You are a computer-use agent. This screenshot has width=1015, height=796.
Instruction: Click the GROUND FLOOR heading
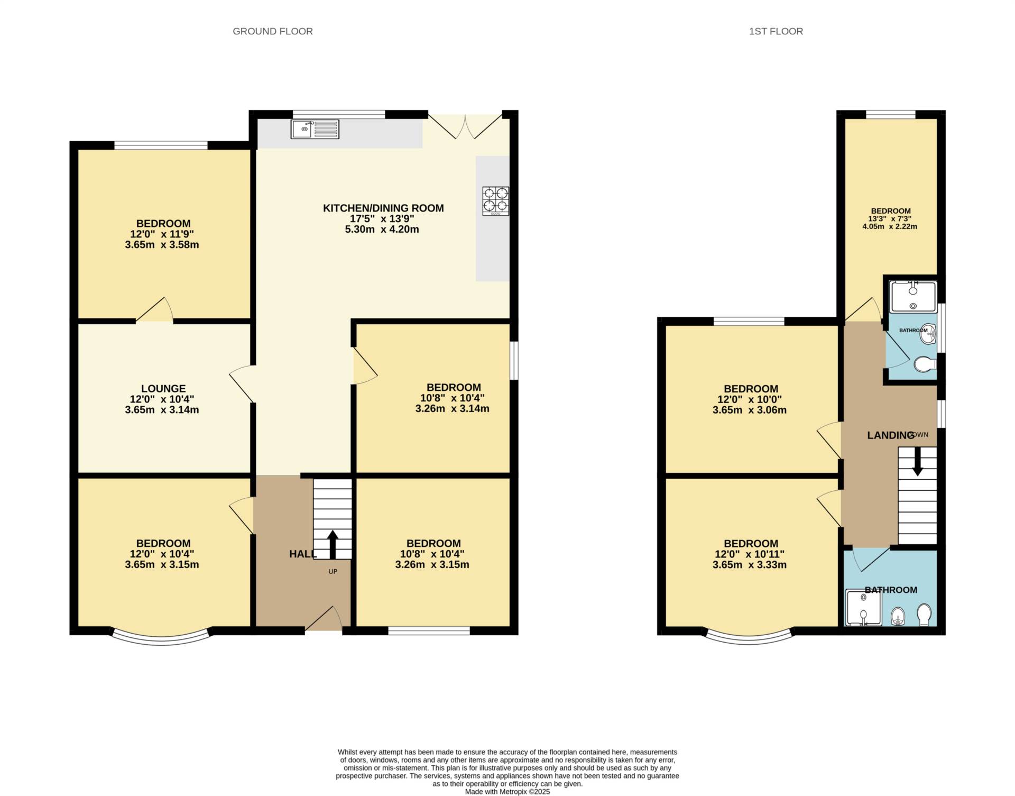pos(273,31)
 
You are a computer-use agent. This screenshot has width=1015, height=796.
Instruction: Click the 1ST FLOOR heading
pos(776,31)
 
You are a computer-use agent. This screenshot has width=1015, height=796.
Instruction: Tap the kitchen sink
pos(315,129)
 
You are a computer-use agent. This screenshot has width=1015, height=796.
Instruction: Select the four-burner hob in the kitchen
pos(496,201)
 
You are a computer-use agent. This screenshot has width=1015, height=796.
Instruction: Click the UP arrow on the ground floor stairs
pos(333,545)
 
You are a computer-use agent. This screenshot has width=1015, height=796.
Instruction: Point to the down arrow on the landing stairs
pos(918,461)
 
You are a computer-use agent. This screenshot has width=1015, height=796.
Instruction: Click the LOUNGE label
pos(163,389)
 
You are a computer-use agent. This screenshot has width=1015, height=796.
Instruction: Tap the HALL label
pos(303,554)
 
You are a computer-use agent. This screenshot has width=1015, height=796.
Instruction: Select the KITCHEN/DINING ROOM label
pos(383,208)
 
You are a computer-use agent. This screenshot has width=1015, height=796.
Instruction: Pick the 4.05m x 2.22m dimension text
pos(890,226)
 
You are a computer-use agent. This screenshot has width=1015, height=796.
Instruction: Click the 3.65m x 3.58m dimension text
pos(162,244)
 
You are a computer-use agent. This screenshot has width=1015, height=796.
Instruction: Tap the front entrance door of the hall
pos(324,618)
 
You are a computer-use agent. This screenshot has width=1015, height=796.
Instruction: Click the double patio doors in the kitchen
pos(465,126)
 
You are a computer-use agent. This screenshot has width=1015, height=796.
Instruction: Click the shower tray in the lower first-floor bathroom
pos(864,608)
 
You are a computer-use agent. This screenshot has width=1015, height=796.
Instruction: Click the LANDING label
pos(891,435)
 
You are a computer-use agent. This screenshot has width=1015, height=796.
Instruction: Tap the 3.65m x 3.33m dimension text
pos(750,565)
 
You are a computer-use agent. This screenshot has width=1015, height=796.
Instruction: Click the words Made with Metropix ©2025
pos(508,792)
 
